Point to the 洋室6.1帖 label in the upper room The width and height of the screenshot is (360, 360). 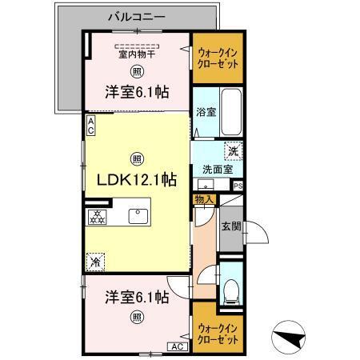tap(135, 93)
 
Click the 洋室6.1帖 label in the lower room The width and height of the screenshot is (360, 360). tap(135, 297)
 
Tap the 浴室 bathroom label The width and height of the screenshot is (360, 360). tap(205, 113)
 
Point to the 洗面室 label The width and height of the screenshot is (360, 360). tap(217, 170)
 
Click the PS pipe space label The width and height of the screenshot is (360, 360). tap(238, 186)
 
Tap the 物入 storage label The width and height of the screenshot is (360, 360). tap(203, 199)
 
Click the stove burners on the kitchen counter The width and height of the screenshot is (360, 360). tap(97, 216)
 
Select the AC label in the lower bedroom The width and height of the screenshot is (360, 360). tap(174, 346)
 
